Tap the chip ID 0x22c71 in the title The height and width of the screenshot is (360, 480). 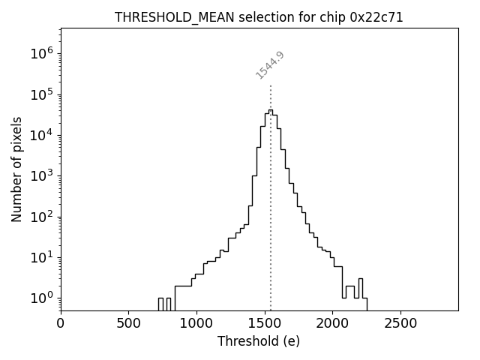click(x=376, y=17)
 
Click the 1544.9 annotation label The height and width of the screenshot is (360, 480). click(x=270, y=65)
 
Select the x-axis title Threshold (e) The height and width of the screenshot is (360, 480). click(x=259, y=341)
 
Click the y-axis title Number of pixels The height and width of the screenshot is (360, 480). click(x=16, y=169)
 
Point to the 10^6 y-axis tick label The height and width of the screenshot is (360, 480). click(x=41, y=53)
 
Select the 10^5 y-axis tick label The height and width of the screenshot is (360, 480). click(x=41, y=94)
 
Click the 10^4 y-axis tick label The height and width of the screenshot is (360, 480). click(x=41, y=135)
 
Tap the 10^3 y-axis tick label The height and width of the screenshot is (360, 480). click(x=41, y=175)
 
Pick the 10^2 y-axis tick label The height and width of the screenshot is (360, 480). click(x=41, y=217)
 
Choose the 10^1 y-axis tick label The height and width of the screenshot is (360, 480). click(x=41, y=257)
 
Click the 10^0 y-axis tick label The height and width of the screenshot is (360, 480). click(x=41, y=298)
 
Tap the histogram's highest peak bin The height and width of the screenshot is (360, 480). click(x=271, y=111)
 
